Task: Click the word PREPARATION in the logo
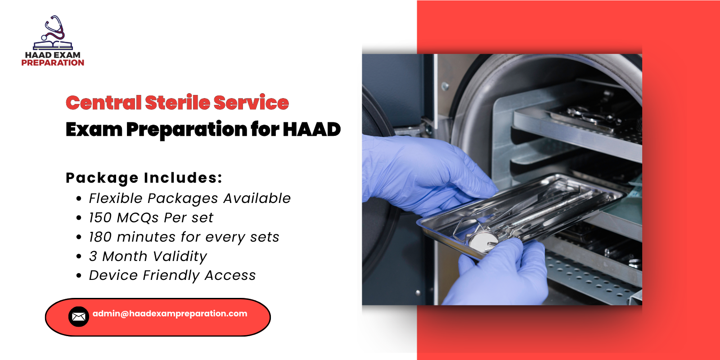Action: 53,63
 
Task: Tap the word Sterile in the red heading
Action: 177,103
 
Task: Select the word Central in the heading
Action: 103,103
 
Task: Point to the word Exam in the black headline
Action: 94,130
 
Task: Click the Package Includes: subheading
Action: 144,178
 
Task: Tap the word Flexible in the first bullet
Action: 115,198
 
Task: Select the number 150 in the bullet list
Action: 100,218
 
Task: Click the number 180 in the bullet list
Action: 100,237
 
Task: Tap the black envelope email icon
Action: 79,317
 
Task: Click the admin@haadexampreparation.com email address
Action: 170,314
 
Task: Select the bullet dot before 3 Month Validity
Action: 79,256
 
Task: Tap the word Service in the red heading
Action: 251,103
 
